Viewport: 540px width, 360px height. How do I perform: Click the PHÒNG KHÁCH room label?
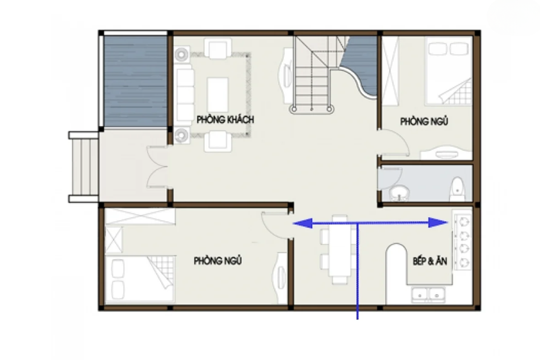click(226, 120)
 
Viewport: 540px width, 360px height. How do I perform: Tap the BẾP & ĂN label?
click(430, 261)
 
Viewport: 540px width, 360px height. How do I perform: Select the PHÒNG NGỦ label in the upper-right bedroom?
click(424, 121)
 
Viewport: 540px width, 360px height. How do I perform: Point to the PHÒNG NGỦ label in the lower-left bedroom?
click(218, 260)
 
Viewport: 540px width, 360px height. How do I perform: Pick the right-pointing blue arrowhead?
click(438, 222)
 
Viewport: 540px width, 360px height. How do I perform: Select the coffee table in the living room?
click(218, 95)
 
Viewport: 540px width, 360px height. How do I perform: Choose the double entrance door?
click(157, 167)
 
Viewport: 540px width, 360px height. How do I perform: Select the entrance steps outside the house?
click(84, 167)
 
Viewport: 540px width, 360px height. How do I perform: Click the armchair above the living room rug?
click(218, 48)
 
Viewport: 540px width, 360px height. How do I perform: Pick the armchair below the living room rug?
click(218, 141)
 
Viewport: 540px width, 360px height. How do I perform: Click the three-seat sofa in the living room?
click(185, 95)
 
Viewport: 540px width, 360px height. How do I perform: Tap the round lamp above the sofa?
click(181, 54)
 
